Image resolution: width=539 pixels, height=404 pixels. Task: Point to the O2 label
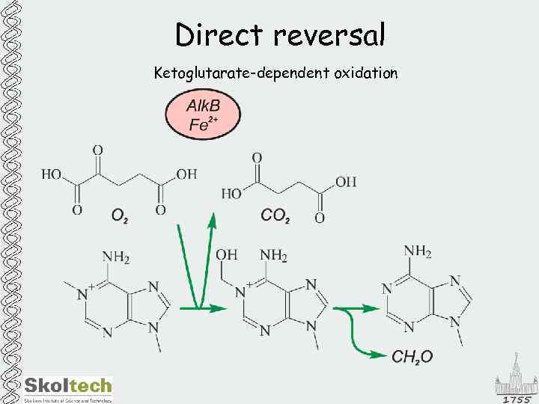click(x=119, y=216)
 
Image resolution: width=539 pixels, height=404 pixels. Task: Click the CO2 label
click(x=275, y=215)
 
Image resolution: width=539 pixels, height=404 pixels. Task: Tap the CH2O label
click(x=412, y=357)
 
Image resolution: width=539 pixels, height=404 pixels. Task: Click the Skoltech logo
click(x=68, y=387)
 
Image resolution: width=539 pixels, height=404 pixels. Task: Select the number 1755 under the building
click(x=516, y=399)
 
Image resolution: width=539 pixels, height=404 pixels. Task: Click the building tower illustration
click(x=515, y=374)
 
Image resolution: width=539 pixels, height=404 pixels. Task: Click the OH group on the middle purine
click(x=227, y=256)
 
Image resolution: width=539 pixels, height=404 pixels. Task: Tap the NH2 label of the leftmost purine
click(x=116, y=258)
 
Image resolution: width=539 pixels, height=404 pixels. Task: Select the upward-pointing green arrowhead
click(x=213, y=220)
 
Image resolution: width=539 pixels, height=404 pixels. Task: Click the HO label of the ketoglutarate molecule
click(x=52, y=174)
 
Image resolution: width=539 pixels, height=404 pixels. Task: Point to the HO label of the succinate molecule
click(x=232, y=193)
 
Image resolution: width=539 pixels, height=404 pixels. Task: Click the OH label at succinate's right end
click(x=346, y=182)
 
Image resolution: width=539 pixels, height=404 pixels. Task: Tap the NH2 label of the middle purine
click(x=274, y=256)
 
